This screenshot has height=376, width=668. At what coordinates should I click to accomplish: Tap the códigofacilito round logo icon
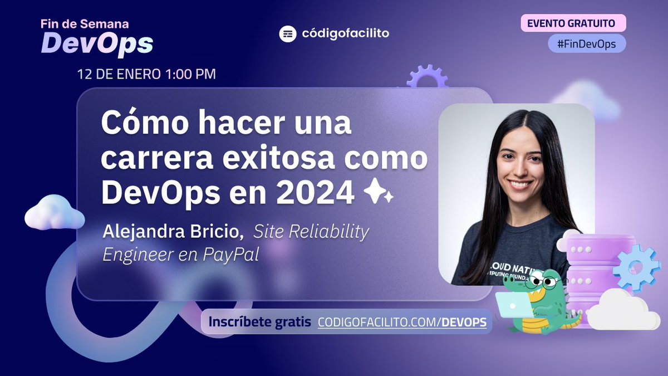(x=288, y=34)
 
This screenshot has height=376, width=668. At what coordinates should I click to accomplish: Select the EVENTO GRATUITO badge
(x=573, y=23)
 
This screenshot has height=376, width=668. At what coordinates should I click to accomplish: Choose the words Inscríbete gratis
(x=259, y=322)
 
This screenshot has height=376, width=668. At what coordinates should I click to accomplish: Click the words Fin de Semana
(x=85, y=24)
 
